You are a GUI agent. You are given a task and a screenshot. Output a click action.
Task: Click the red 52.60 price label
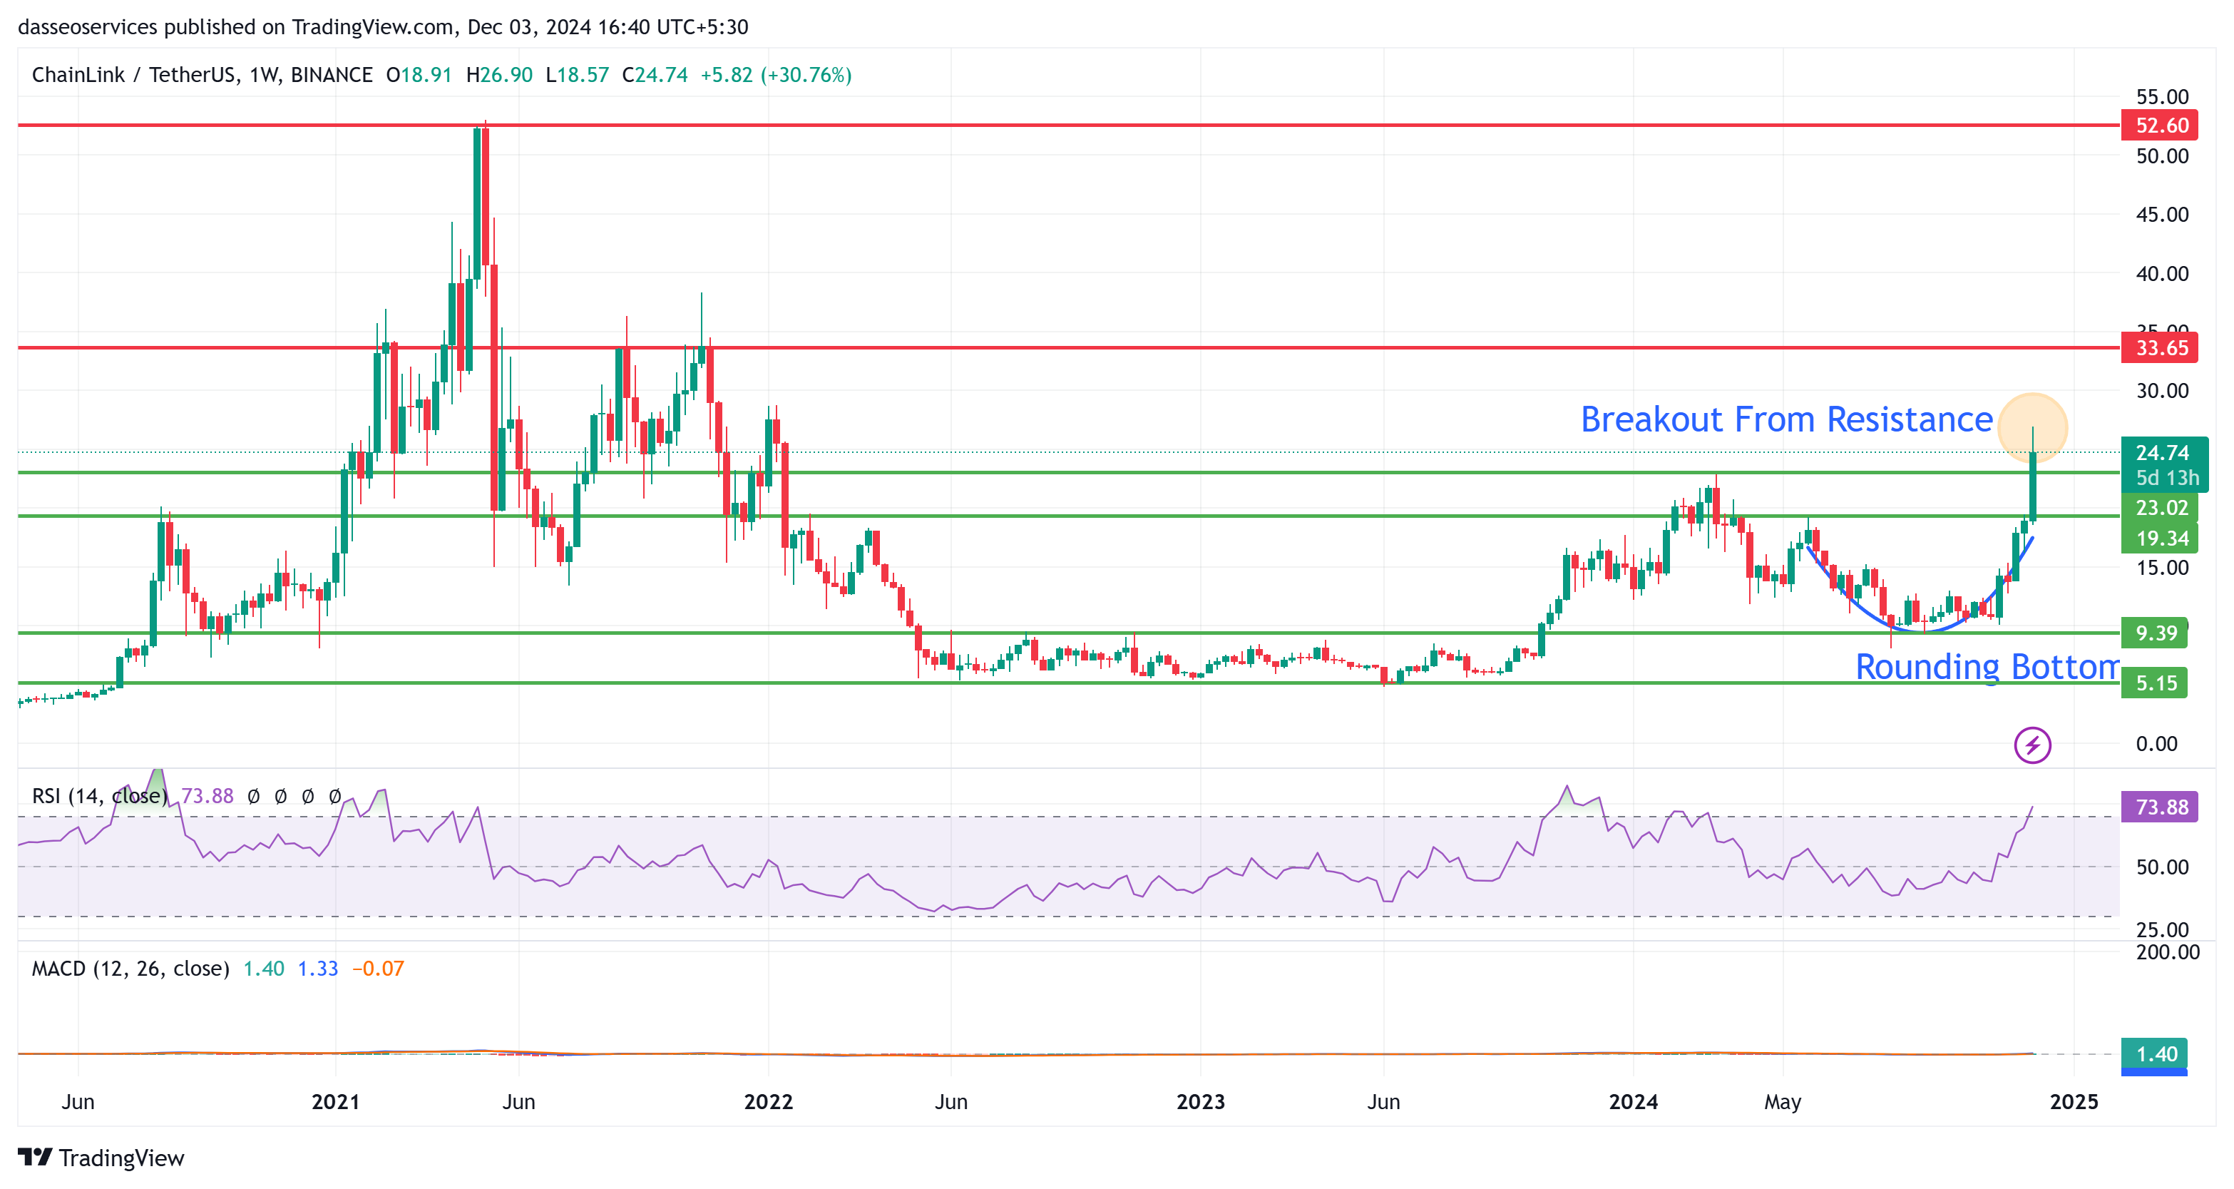pos(2161,125)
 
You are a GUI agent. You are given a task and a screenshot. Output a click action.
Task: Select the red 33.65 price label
pos(2161,348)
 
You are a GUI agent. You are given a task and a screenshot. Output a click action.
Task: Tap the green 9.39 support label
pos(2154,633)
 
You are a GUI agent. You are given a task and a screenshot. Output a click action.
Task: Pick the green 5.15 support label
pos(2154,683)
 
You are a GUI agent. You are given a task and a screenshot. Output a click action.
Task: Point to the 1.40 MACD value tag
pos(2155,1053)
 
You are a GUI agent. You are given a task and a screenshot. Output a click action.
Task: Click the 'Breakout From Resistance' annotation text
pos(1785,419)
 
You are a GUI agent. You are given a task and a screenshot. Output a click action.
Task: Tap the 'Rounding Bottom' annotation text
pos(1986,666)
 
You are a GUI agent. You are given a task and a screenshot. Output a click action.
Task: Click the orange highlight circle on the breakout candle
pos(2032,427)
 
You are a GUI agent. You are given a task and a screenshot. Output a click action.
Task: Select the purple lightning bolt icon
pos(2032,745)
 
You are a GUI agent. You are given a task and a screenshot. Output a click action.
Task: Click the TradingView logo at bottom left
pos(101,1158)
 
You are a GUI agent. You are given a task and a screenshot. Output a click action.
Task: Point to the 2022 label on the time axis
pos(769,1102)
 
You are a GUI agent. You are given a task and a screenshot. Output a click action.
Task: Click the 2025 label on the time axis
pos(2074,1102)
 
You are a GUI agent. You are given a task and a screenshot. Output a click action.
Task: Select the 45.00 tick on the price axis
pos(2161,214)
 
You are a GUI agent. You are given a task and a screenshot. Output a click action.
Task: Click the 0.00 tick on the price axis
pos(2156,744)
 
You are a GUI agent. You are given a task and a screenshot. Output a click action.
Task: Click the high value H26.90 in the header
pos(500,76)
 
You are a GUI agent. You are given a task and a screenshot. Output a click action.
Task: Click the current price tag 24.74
pos(2161,453)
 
